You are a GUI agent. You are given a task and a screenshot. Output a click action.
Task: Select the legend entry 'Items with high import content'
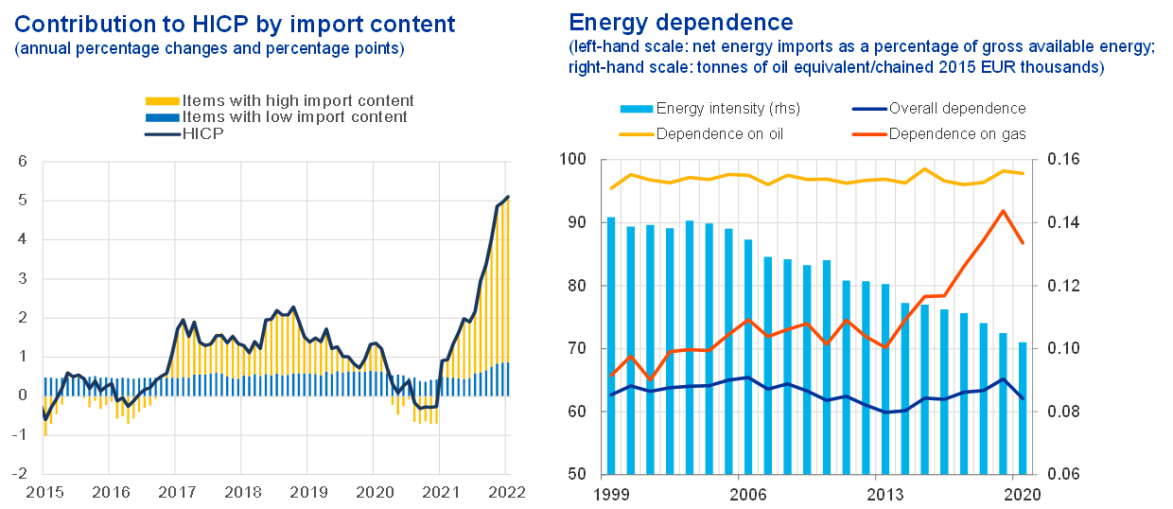click(297, 100)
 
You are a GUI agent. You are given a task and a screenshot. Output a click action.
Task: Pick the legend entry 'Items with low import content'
click(294, 117)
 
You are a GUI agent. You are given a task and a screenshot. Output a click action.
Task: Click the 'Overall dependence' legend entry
click(956, 109)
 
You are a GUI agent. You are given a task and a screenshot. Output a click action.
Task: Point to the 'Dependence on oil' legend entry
click(719, 133)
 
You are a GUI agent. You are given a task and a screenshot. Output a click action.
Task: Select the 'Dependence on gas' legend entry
click(957, 133)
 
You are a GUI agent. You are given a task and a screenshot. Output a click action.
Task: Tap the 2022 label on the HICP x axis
click(506, 493)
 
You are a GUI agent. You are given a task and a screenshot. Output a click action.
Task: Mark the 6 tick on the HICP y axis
click(23, 161)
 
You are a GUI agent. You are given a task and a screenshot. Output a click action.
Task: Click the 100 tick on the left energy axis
click(573, 160)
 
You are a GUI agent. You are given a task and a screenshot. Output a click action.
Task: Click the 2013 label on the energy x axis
click(882, 493)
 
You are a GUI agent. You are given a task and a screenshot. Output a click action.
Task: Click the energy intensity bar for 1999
click(611, 345)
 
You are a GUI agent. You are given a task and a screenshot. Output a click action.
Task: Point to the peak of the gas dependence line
click(1003, 211)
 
